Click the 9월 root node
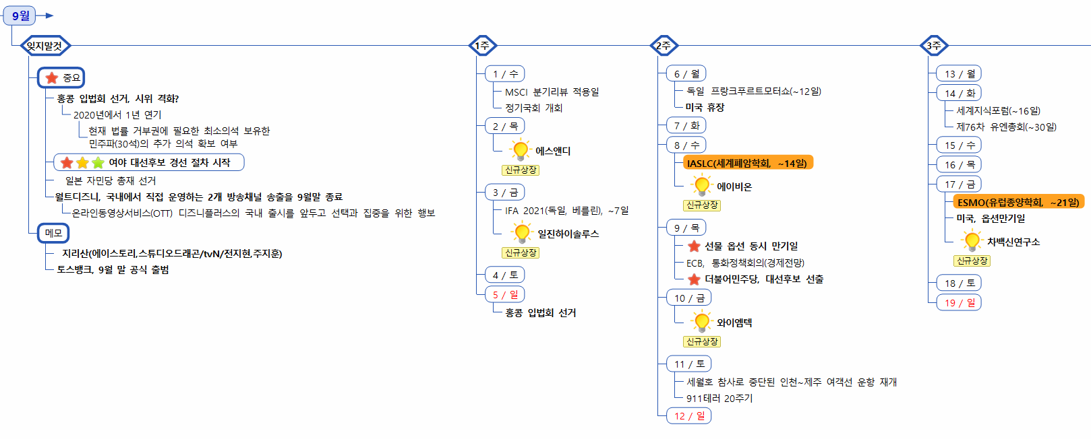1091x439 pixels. pyautogui.click(x=20, y=15)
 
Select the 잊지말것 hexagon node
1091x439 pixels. pyautogui.click(x=45, y=46)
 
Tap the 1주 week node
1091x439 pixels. pyautogui.click(x=482, y=46)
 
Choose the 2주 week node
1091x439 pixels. pyautogui.click(x=664, y=46)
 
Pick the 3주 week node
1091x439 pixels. pyautogui.click(x=934, y=46)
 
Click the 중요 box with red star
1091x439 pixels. pyautogui.click(x=61, y=78)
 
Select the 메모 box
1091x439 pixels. pyautogui.click(x=53, y=233)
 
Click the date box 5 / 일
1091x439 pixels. pyautogui.click(x=504, y=294)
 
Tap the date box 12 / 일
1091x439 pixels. pyautogui.click(x=688, y=415)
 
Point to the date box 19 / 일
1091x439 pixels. pyautogui.click(x=959, y=302)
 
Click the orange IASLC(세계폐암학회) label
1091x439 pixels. pyautogui.click(x=746, y=163)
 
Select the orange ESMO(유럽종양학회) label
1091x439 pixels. pyautogui.click(x=1018, y=202)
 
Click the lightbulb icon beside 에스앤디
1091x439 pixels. pyautogui.click(x=521, y=150)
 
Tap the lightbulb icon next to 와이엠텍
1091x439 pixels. pyautogui.click(x=702, y=322)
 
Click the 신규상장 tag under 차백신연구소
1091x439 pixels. pyautogui.click(x=972, y=261)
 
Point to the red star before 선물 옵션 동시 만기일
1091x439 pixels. pyautogui.click(x=694, y=246)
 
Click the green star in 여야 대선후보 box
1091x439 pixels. pyautogui.click(x=98, y=162)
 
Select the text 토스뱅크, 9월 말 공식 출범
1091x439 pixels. pyautogui.click(x=113, y=269)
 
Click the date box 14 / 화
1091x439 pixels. pyautogui.click(x=959, y=93)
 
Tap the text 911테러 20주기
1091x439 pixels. pyautogui.click(x=719, y=398)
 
